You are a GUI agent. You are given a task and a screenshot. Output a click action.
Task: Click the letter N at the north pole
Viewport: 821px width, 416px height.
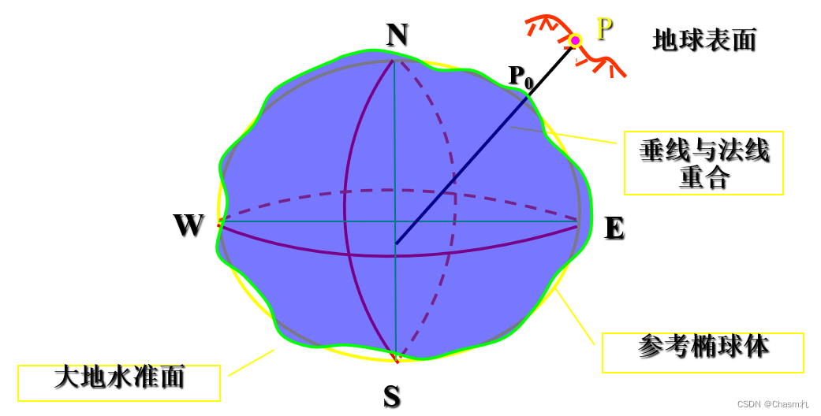click(397, 35)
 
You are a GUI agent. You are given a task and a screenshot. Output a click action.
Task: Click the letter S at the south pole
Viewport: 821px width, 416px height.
click(392, 397)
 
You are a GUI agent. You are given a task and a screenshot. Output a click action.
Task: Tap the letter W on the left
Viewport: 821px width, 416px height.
click(188, 226)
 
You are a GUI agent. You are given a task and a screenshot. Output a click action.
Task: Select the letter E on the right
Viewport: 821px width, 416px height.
click(614, 228)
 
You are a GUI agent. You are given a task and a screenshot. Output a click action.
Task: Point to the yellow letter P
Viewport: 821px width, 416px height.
click(604, 29)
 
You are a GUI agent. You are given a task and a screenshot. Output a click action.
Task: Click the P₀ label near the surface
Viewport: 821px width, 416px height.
click(521, 76)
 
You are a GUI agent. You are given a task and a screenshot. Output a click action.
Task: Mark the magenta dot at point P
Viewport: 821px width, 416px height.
click(575, 40)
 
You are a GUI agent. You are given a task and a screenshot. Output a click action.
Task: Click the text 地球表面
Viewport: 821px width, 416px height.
click(704, 39)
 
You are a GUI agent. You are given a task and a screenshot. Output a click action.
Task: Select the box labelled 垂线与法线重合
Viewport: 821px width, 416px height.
click(703, 163)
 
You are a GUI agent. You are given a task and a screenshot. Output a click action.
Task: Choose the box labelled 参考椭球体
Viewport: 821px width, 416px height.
click(703, 351)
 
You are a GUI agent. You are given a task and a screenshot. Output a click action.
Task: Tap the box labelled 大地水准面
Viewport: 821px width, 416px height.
click(119, 381)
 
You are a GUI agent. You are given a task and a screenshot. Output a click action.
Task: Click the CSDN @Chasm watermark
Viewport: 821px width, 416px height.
click(772, 404)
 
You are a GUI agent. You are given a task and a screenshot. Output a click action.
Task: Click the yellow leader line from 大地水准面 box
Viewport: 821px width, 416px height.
click(251, 362)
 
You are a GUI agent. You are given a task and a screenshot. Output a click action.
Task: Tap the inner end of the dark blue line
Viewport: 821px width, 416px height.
click(397, 243)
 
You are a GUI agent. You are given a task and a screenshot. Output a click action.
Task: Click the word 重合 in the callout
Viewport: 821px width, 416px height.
click(703, 177)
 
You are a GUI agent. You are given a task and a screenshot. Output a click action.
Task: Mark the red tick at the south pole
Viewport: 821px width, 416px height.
click(395, 361)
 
